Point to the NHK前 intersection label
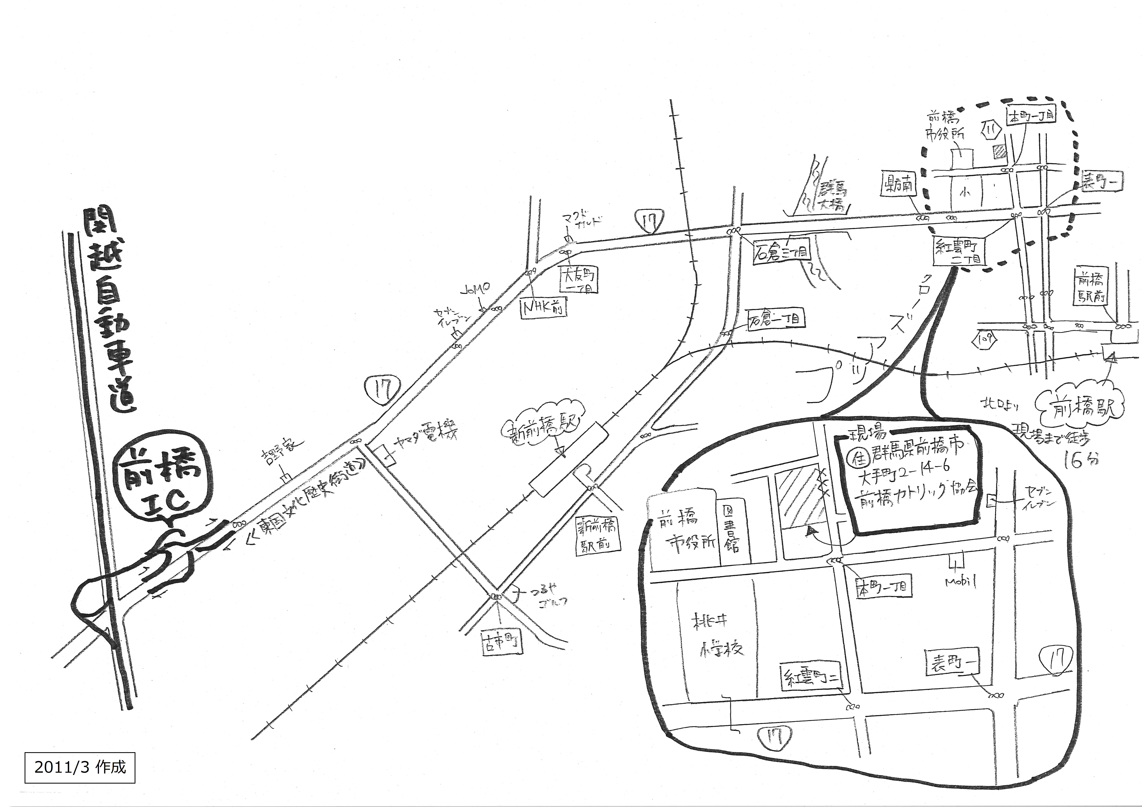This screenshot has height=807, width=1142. [544, 308]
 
